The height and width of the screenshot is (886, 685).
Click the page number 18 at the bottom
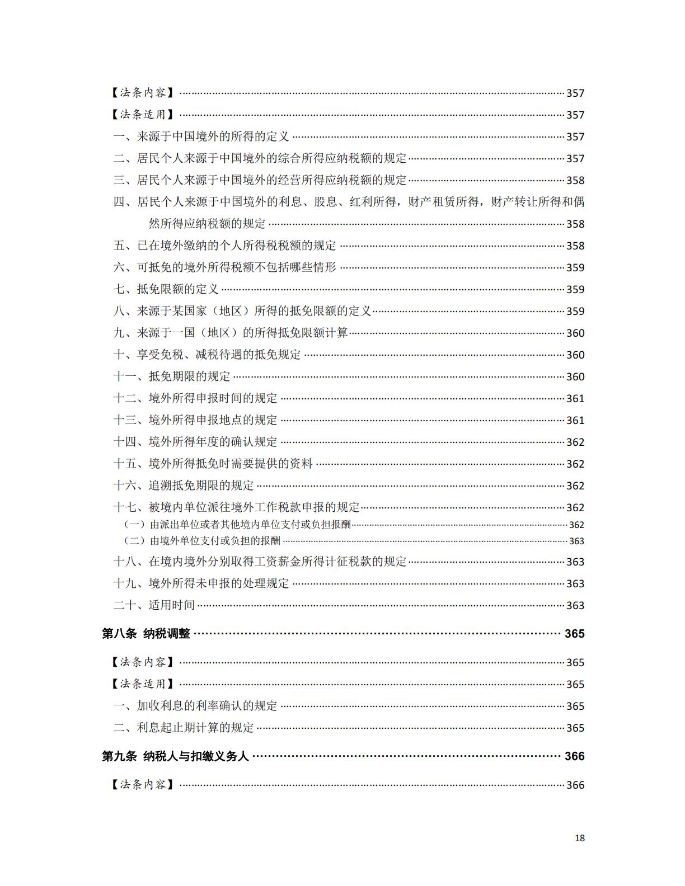tap(579, 838)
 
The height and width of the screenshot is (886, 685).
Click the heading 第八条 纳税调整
tap(146, 634)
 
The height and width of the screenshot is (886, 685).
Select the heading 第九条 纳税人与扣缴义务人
tap(175, 756)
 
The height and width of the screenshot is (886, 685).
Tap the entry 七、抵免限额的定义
tap(166, 289)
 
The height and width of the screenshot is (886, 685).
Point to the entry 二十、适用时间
tap(154, 605)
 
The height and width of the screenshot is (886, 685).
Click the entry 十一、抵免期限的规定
tap(172, 376)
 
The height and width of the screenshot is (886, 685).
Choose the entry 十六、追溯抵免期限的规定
tap(184, 486)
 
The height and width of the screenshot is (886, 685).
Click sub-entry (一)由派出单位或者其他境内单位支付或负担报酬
tap(237, 525)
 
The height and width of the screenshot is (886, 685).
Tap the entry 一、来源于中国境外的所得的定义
tap(201, 136)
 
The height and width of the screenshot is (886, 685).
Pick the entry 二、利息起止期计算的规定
tap(184, 728)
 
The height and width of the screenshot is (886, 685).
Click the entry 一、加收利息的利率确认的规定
tap(196, 706)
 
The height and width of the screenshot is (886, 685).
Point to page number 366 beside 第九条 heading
tap(575, 756)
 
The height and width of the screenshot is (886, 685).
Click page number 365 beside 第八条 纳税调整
tap(575, 634)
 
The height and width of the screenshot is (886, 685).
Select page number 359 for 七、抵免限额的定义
tap(575, 289)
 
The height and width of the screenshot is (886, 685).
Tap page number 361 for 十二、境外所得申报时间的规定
tap(575, 398)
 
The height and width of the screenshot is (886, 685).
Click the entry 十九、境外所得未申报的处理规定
tap(201, 583)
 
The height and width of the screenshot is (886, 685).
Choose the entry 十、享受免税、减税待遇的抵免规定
tap(208, 355)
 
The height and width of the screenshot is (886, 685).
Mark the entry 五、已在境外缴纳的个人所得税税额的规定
tap(226, 246)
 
